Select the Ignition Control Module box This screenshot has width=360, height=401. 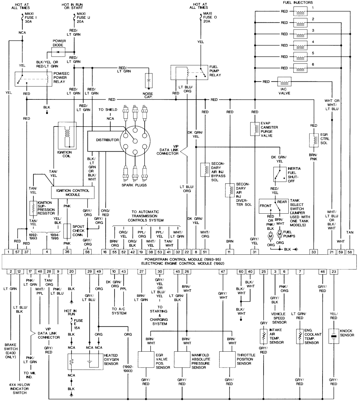[73, 192]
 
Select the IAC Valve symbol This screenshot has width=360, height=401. [284, 82]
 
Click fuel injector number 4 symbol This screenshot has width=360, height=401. [300, 45]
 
